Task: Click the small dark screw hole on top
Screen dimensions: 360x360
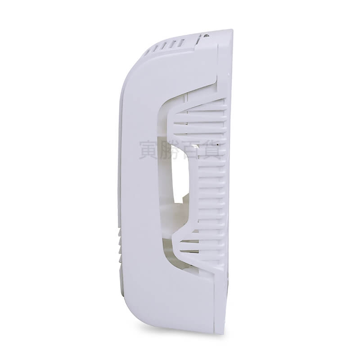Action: click(207, 36)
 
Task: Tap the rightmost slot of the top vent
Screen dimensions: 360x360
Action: click(181, 43)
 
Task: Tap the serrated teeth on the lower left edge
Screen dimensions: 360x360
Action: click(119, 246)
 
